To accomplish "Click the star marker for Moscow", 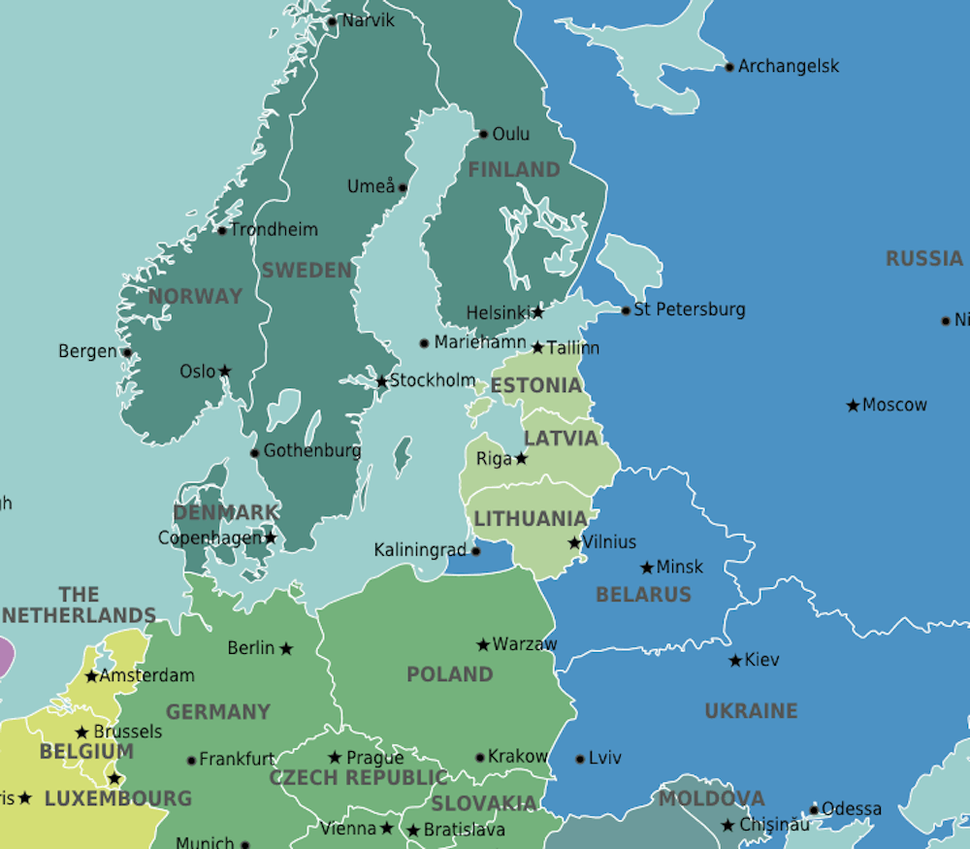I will tap(853, 406).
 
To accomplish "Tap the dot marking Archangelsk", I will tap(729, 67).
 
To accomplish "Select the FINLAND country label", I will tap(514, 170).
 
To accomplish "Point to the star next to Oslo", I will tap(225, 371).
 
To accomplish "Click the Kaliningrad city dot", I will tap(475, 550).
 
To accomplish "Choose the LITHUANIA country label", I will tap(531, 518).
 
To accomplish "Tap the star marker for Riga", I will tap(521, 458).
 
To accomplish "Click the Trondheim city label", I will tap(274, 230).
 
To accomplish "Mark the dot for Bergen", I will tap(126, 352).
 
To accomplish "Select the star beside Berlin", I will tap(286, 648).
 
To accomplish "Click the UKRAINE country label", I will tap(751, 711).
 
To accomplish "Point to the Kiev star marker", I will tap(735, 661).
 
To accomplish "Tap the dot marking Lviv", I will tap(580, 759).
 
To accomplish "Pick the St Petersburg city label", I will tap(690, 310).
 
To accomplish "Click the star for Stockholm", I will tap(382, 381).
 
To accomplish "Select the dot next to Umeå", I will tap(403, 187).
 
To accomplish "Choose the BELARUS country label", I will tap(643, 594).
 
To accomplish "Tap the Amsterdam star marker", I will tap(91, 676).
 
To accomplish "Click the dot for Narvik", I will tap(332, 20).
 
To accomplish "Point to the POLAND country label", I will tap(449, 674).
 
